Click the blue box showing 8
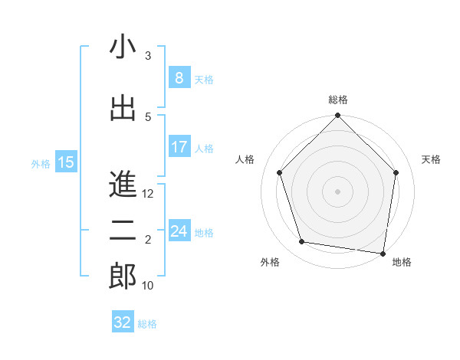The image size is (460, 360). pos(179,78)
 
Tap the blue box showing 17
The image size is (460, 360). pos(179,147)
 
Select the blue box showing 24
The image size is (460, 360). pos(179,231)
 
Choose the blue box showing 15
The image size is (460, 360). pos(66,162)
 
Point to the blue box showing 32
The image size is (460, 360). pos(123,322)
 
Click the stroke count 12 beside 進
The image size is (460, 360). pos(149,194)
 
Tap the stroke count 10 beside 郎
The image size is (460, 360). pos(149,286)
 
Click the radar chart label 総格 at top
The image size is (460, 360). pos(338,100)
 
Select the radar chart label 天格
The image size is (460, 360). pos(431,159)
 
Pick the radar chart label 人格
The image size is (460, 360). pos(245,159)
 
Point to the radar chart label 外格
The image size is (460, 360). pos(270,262)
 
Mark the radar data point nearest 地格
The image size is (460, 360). pos(383,253)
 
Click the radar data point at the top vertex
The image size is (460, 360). pos(337,116)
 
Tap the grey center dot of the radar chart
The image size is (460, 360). pos(337,191)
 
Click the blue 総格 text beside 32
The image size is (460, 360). pos(148,324)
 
